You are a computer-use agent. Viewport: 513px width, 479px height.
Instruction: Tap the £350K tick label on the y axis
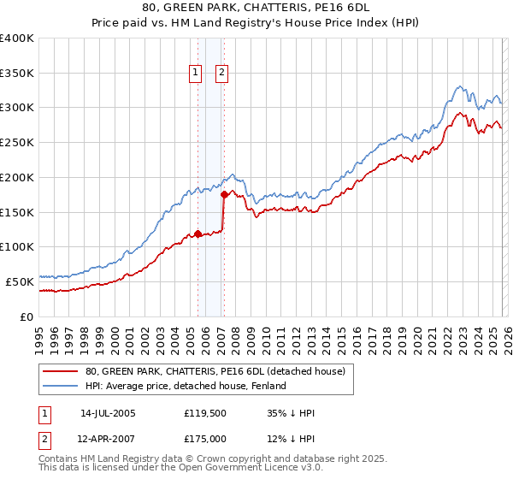point(17,74)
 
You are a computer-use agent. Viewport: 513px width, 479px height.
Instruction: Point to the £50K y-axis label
point(20,281)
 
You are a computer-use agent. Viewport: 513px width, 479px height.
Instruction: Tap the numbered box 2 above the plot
point(221,74)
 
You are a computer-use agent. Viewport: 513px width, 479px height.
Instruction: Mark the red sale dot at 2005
point(198,234)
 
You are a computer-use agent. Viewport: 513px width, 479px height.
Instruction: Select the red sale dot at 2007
point(224,195)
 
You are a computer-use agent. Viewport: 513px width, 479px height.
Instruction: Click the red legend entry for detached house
point(215,371)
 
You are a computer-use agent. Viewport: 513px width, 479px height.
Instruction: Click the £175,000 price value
point(204,438)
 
